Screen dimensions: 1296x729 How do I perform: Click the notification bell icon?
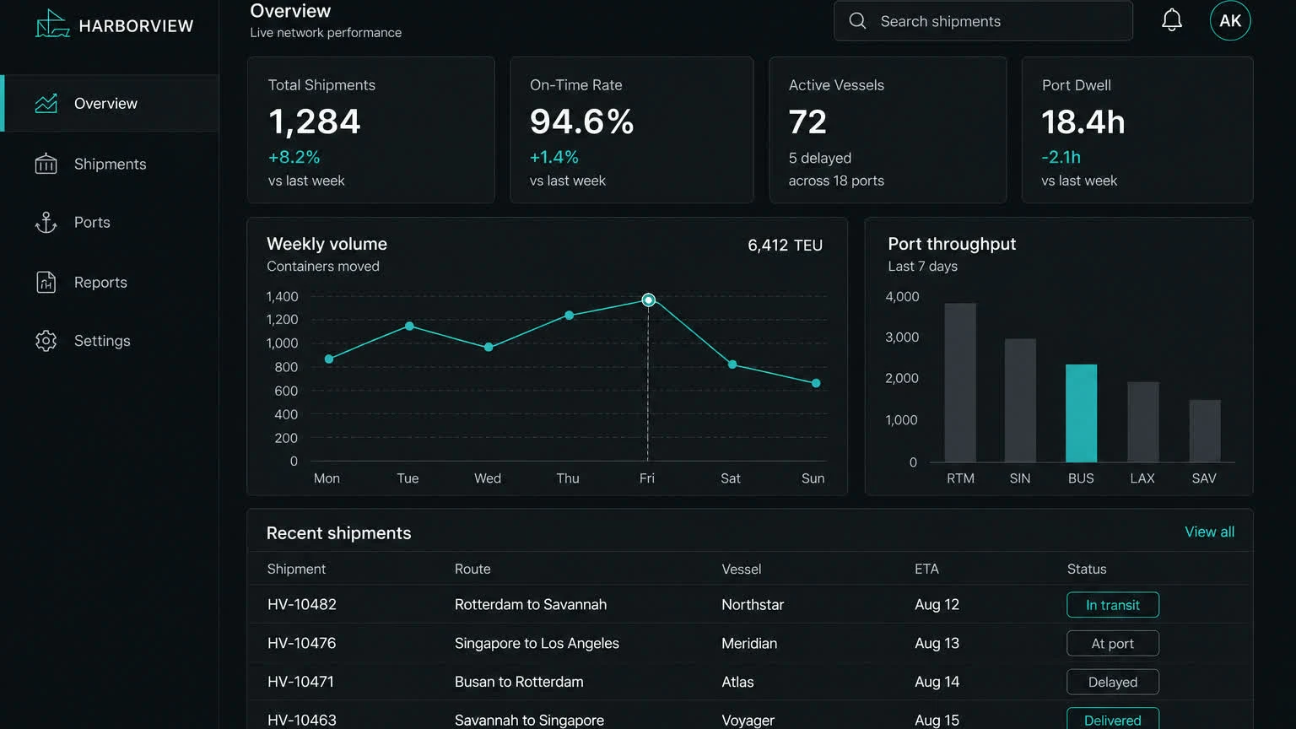(1172, 20)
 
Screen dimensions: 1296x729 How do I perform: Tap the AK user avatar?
(1230, 21)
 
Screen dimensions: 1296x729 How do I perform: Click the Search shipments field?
(983, 21)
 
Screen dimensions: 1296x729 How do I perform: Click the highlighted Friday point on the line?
(648, 300)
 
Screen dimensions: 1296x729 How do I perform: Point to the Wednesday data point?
(489, 347)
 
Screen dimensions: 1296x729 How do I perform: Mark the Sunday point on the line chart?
(816, 383)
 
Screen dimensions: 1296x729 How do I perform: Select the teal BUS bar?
(1081, 413)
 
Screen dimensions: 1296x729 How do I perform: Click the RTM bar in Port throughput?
(960, 382)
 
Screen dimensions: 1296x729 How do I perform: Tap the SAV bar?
(1205, 431)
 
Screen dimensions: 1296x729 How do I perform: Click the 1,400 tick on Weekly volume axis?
(282, 297)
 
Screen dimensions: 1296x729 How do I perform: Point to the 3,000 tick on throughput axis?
(902, 337)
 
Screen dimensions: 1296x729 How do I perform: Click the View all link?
(1209, 532)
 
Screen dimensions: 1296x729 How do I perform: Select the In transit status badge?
(1113, 605)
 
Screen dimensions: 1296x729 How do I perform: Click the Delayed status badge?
(1113, 682)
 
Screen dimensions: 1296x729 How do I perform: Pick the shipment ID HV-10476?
(301, 644)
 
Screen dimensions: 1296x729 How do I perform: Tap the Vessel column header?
(741, 570)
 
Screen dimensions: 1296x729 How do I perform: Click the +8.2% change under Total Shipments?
(294, 158)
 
